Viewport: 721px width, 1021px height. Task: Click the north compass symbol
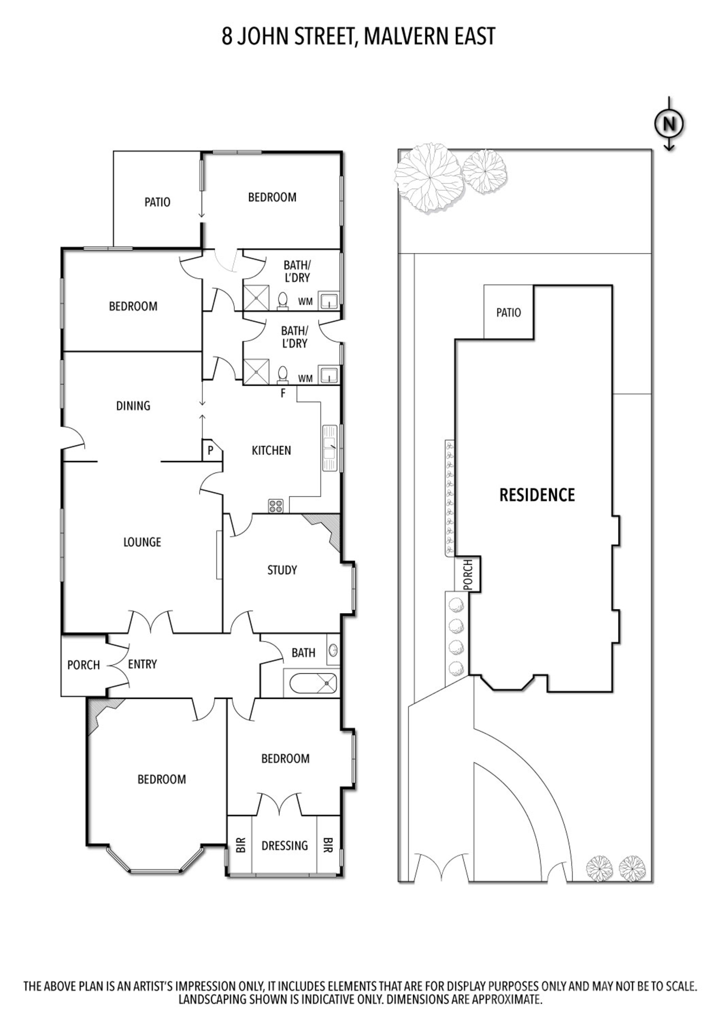(x=669, y=124)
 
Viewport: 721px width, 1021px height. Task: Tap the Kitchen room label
(x=271, y=450)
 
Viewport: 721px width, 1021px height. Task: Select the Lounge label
(x=142, y=542)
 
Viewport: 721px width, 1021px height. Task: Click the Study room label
(x=282, y=570)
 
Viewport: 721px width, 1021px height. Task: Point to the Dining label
(x=133, y=406)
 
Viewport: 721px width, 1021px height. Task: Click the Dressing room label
(x=285, y=845)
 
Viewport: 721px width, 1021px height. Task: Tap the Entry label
(x=142, y=664)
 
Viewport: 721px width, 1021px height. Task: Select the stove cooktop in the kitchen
(x=276, y=506)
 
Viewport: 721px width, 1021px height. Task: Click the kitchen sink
(x=330, y=448)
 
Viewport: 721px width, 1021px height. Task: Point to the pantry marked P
(x=210, y=451)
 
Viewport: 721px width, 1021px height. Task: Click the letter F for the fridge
(x=284, y=393)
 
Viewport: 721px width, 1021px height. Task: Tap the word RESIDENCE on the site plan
(x=537, y=495)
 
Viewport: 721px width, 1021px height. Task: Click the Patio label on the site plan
(x=509, y=312)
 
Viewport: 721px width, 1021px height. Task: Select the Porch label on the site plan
(x=468, y=574)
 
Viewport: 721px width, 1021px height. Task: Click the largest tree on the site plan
(x=429, y=178)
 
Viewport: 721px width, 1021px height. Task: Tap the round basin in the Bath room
(x=333, y=650)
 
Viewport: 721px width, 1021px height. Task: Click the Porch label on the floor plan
(x=84, y=665)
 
